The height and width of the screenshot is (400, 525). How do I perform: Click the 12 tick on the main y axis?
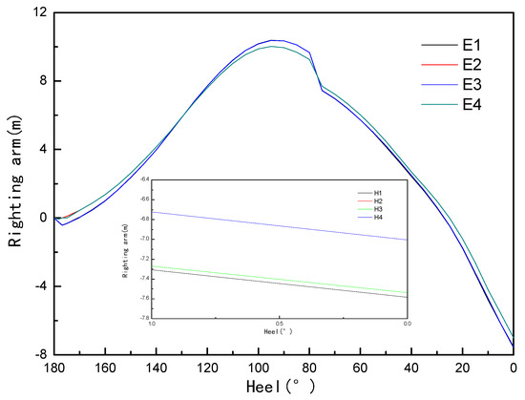coord(38,12)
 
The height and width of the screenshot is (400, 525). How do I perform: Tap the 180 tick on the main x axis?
coord(53,368)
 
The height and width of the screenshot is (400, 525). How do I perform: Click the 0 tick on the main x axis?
coord(514,368)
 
